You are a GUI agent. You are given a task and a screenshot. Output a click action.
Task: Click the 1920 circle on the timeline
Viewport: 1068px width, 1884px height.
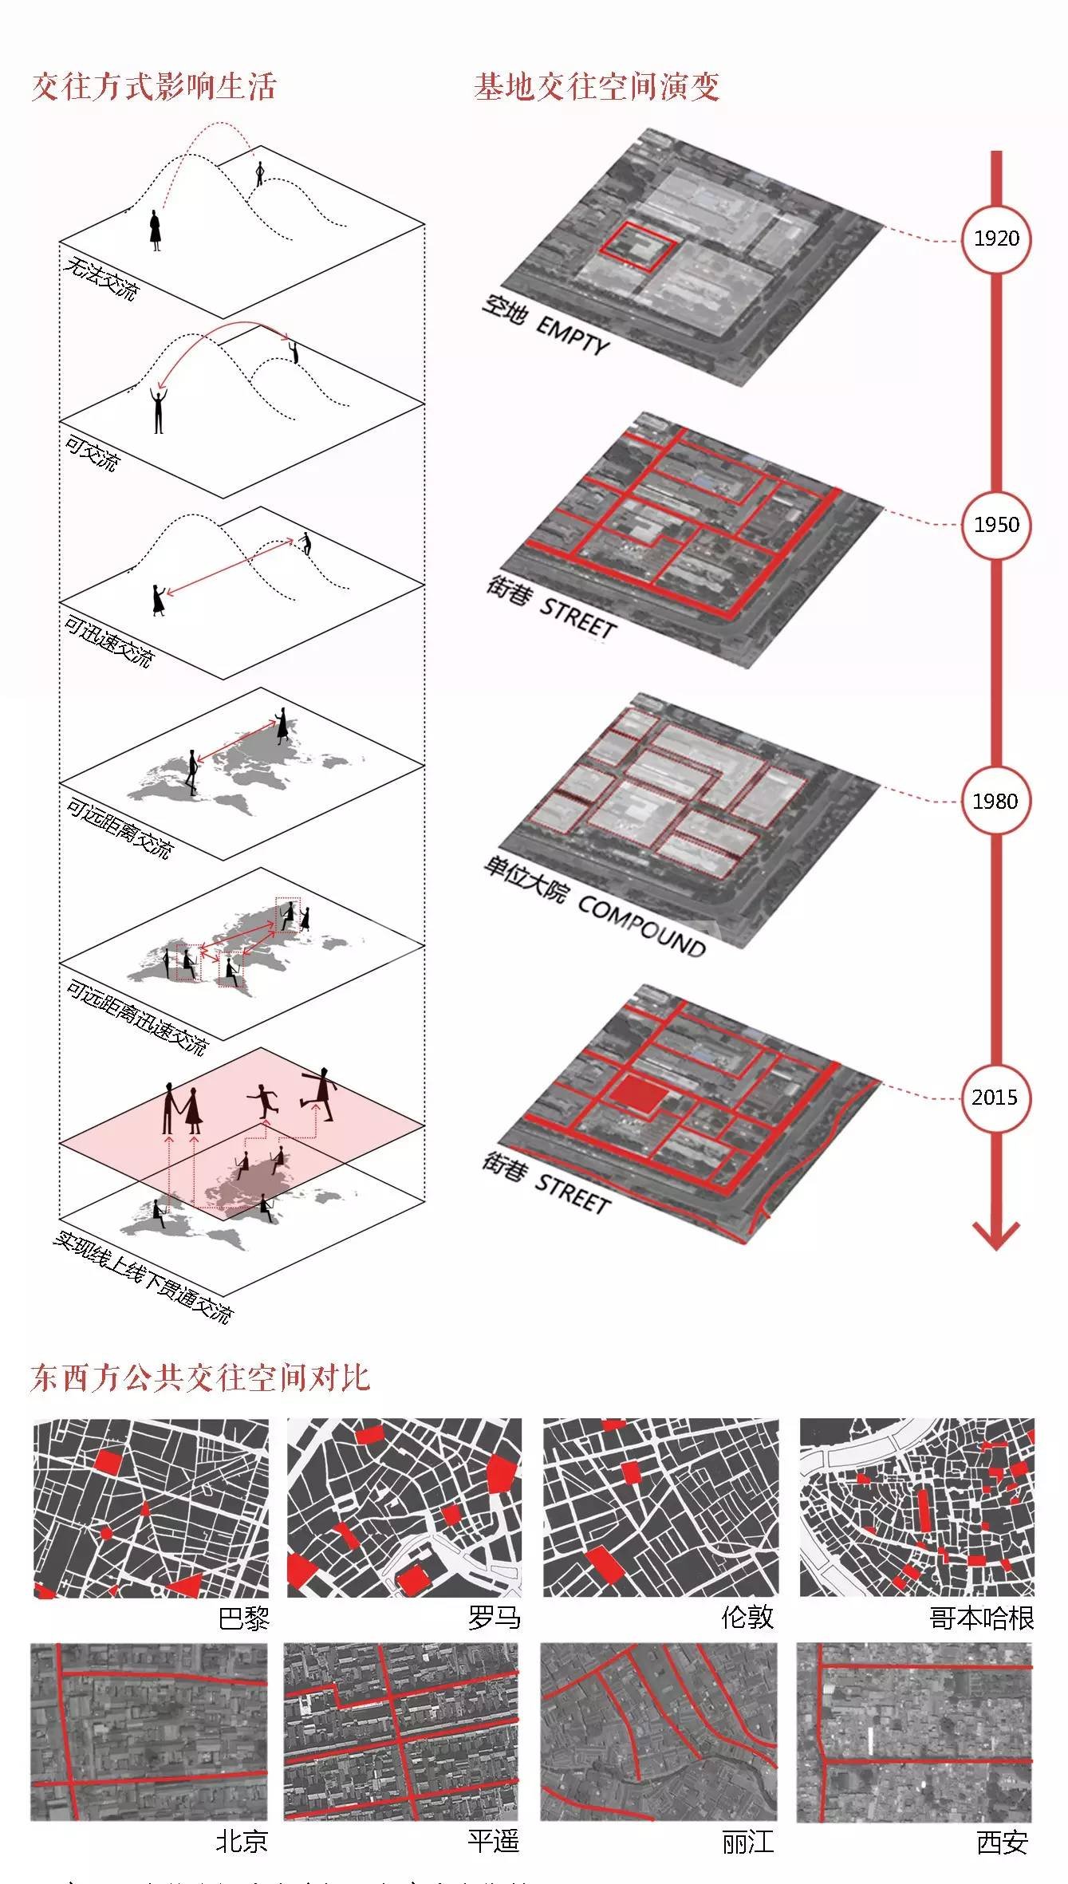[x=996, y=238]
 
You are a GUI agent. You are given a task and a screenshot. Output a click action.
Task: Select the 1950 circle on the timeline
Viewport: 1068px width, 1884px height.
[x=996, y=524]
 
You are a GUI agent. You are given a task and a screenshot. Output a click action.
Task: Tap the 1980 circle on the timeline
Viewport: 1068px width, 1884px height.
[x=995, y=801]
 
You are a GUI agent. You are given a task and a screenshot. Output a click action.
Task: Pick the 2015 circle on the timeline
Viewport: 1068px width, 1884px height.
[x=995, y=1098]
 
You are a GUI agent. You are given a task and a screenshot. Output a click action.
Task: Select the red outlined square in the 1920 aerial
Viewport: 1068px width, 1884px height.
[x=638, y=246]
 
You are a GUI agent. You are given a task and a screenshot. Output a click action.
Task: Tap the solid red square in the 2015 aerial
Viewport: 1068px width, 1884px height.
[x=638, y=1093]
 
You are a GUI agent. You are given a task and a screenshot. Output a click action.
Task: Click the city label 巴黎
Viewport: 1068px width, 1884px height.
[x=244, y=1618]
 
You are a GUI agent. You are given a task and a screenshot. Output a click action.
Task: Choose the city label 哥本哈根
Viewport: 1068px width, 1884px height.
[x=981, y=1618]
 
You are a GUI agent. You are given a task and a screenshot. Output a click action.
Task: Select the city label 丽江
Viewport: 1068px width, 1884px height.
[x=747, y=1842]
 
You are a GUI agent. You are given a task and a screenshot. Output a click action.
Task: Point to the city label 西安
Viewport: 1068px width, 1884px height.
[x=1002, y=1842]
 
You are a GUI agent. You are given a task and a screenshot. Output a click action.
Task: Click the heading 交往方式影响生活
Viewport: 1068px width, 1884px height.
[x=154, y=87]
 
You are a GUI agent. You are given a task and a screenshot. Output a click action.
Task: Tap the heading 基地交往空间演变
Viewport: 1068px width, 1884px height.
[x=597, y=87]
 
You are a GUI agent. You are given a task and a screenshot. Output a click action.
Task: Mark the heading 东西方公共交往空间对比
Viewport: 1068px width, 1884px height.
[x=200, y=1378]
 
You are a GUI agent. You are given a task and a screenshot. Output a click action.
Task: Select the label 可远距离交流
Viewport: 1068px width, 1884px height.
[x=118, y=830]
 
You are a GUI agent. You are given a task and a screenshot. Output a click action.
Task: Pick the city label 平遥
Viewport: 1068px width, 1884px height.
[x=494, y=1842]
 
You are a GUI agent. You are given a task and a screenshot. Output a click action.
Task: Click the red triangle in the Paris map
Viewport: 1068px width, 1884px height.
[x=183, y=1586]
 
